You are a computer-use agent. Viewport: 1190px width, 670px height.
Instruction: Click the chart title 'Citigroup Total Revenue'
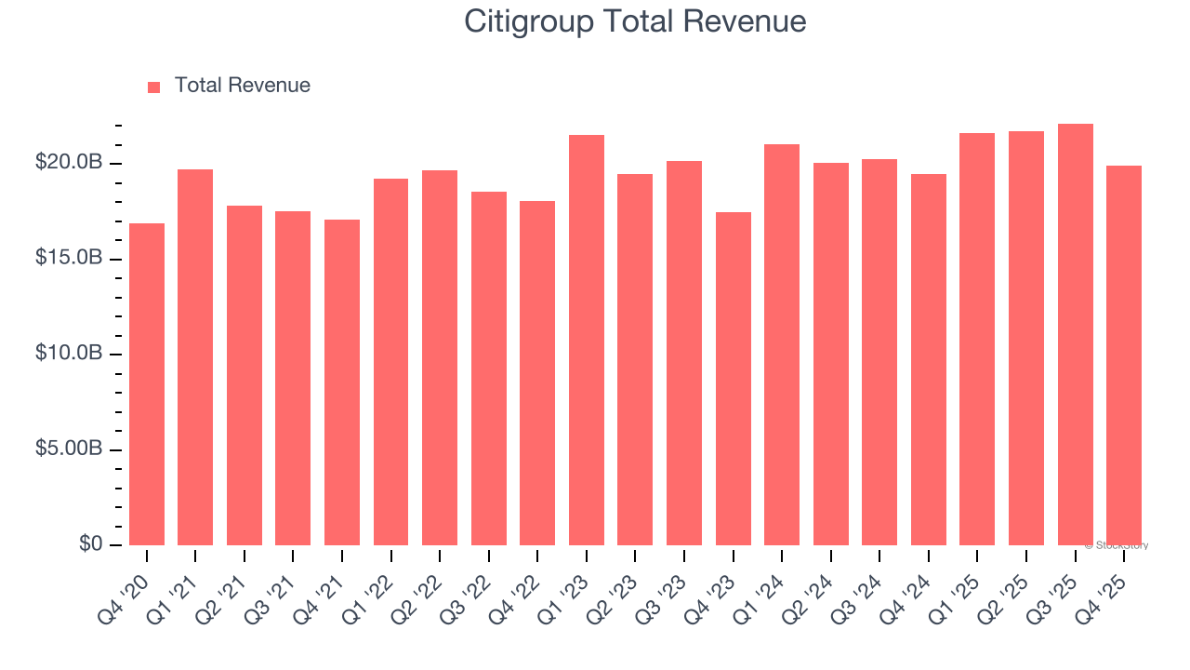(635, 22)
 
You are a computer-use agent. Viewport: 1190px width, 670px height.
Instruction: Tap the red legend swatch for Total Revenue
(154, 87)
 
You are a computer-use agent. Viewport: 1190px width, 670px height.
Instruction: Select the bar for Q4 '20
(147, 383)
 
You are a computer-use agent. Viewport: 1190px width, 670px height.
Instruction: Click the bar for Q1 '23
(587, 340)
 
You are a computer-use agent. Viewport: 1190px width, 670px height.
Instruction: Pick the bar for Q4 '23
(733, 378)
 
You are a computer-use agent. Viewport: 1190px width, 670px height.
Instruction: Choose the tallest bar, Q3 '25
(1075, 334)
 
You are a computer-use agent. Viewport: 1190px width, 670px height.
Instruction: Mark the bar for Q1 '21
(195, 356)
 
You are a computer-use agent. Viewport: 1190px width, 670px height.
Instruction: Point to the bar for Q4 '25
(1124, 355)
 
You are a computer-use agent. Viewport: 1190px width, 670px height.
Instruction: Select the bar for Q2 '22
(440, 357)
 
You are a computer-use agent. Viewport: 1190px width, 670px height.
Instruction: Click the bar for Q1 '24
(782, 344)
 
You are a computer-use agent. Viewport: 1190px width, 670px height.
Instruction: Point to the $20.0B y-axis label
(69, 163)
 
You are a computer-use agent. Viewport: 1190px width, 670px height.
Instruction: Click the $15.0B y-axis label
(69, 258)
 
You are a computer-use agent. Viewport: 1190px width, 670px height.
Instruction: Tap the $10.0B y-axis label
(69, 354)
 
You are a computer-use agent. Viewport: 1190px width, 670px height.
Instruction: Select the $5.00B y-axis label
(69, 449)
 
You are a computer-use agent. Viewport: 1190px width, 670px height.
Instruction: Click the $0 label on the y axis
(89, 544)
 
